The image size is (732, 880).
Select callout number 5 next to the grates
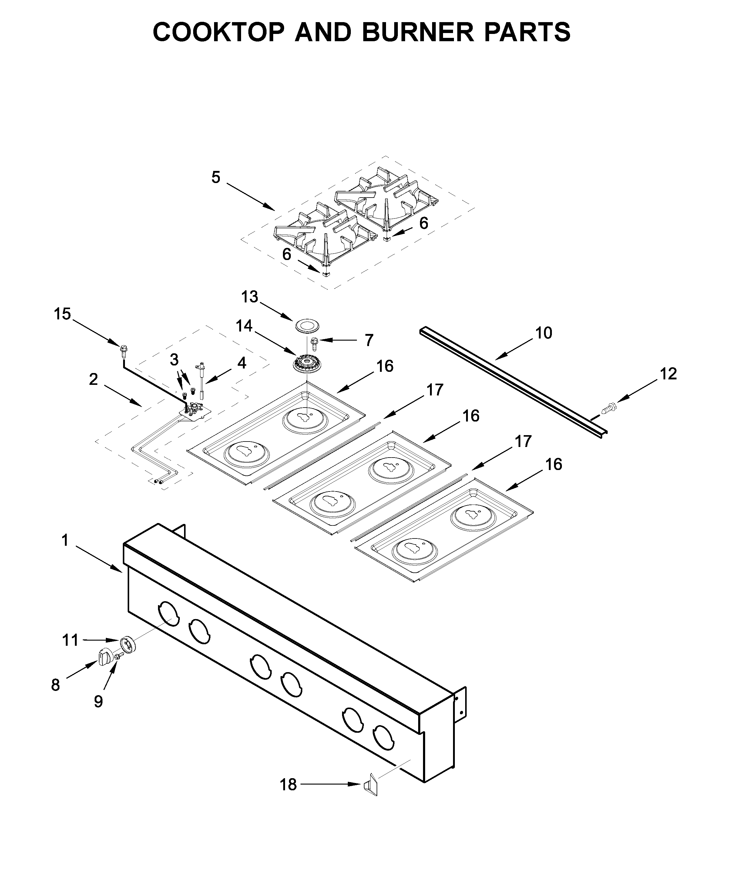[216, 178]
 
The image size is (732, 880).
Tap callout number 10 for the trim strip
[543, 333]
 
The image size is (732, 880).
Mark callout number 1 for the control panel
[65, 541]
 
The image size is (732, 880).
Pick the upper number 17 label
[435, 390]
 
